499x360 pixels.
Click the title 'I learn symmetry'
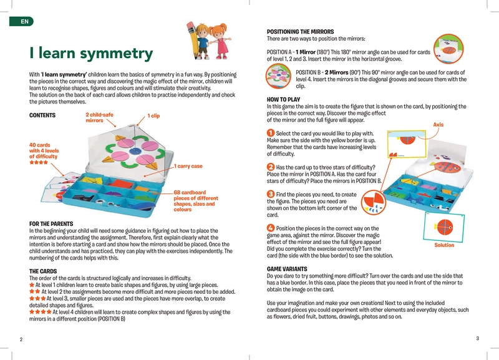(90, 54)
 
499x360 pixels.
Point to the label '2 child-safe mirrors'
(99, 117)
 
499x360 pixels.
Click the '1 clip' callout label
(153, 115)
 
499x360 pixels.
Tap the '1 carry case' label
(189, 166)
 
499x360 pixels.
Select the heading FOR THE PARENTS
(51, 223)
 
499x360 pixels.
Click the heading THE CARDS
(44, 271)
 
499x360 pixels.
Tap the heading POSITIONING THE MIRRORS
(300, 31)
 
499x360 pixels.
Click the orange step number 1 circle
(270, 133)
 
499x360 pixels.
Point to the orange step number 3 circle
(270, 195)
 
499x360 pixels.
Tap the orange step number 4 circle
(270, 228)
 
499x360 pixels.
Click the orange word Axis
(438, 125)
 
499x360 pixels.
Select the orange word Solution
(444, 245)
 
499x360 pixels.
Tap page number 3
(477, 338)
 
